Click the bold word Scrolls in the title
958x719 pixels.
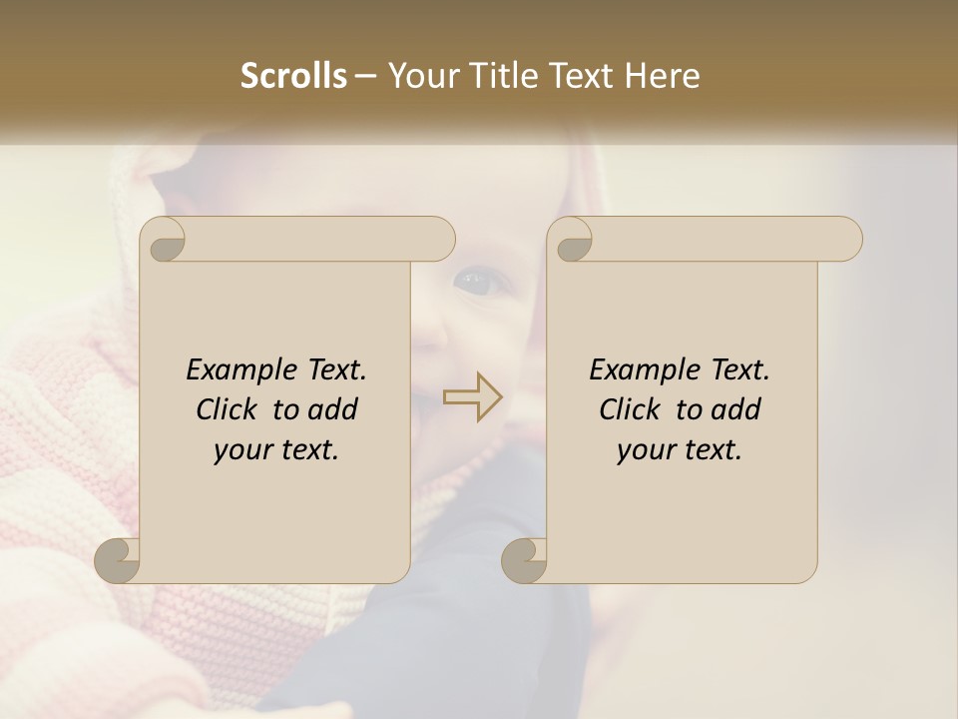click(x=294, y=76)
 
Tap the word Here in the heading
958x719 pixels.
click(x=664, y=76)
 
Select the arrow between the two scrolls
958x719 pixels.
click(x=473, y=396)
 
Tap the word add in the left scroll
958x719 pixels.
click(x=333, y=409)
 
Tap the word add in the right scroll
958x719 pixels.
click(x=736, y=409)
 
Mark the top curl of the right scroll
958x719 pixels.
click(x=571, y=240)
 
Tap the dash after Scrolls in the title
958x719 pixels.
click(x=365, y=76)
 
